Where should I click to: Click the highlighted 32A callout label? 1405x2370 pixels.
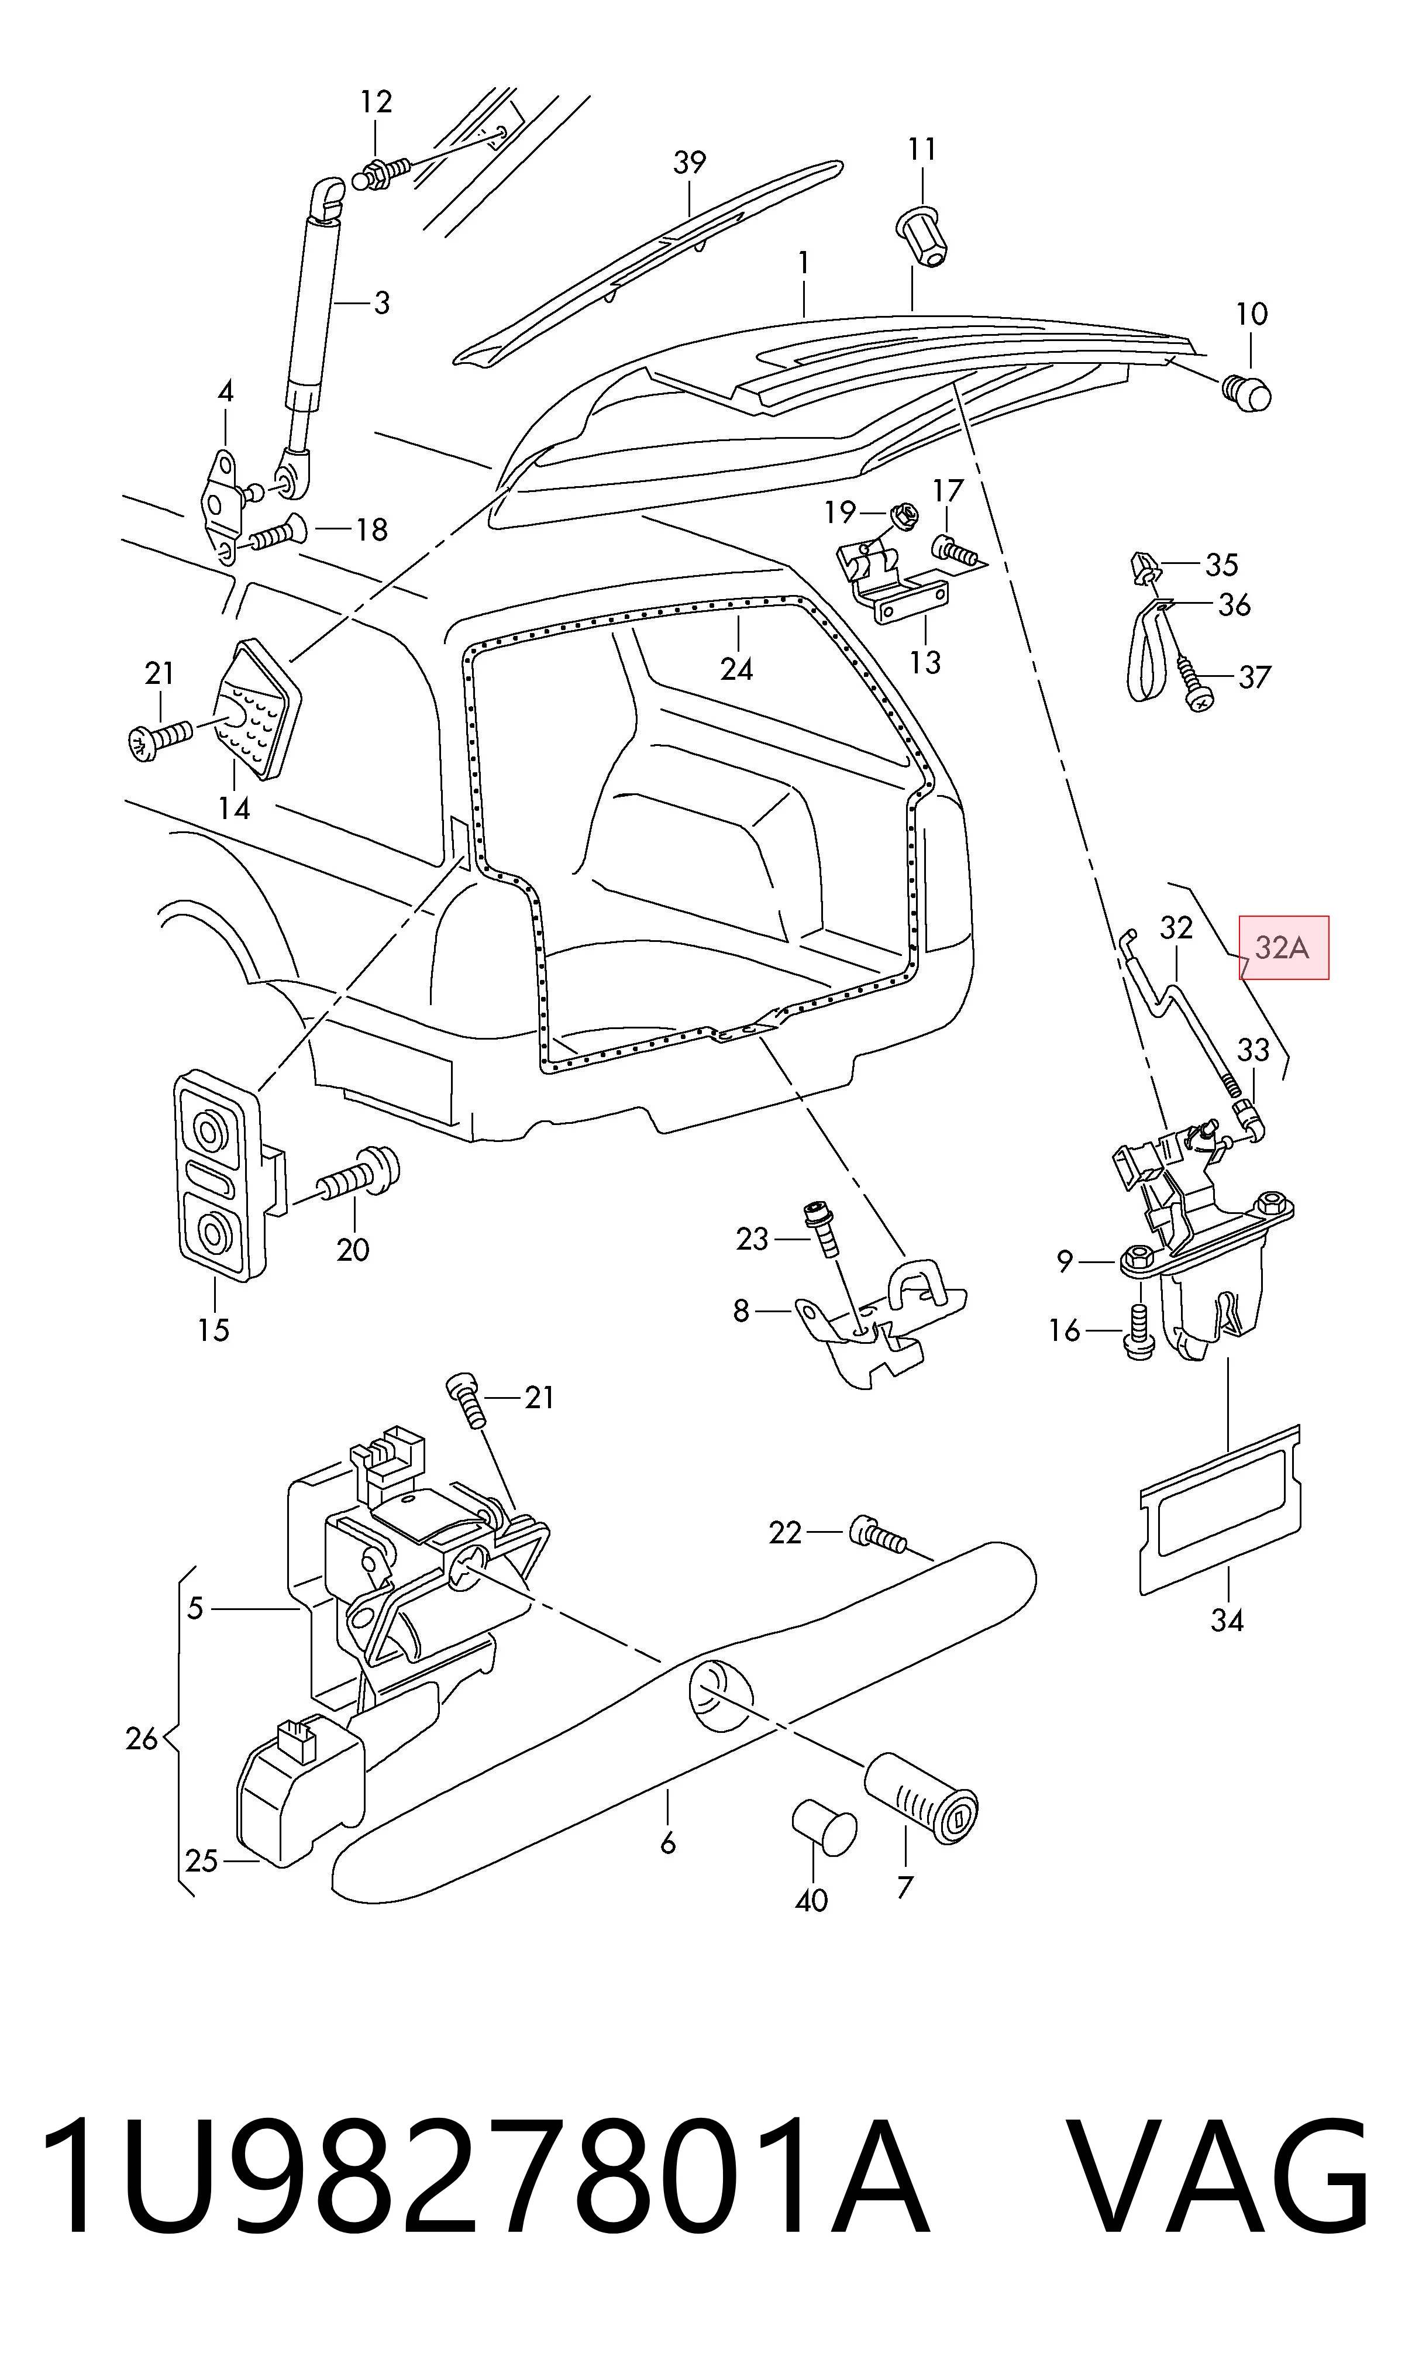tap(1285, 947)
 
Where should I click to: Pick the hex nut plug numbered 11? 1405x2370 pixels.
tap(920, 235)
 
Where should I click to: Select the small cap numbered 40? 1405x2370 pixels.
tap(823, 1826)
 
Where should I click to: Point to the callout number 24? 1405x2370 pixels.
tap(736, 669)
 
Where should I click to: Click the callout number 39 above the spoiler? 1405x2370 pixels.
tap(689, 162)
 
